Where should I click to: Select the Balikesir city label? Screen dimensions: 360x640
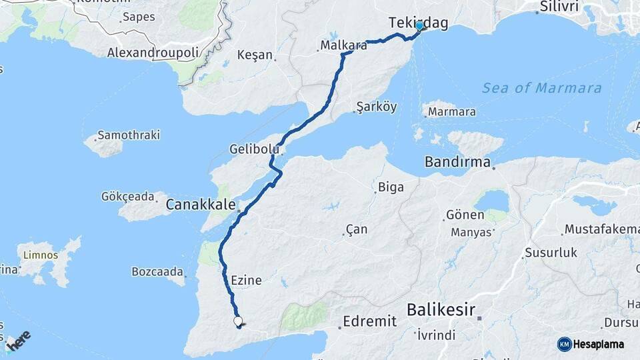click(x=441, y=309)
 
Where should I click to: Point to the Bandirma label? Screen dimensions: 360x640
click(x=458, y=162)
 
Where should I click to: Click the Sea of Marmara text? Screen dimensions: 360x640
click(x=541, y=88)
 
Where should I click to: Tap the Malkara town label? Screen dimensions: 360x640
click(x=343, y=46)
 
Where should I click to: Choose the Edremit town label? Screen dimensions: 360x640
click(x=370, y=321)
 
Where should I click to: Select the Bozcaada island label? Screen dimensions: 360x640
click(x=157, y=272)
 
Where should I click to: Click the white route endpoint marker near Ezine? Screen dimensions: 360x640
click(x=238, y=321)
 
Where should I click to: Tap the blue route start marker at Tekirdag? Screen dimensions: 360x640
click(x=419, y=26)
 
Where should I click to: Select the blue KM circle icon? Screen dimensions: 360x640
click(x=565, y=344)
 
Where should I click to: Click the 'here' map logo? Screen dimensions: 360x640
click(x=19, y=341)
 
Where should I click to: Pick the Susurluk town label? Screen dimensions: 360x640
click(x=551, y=253)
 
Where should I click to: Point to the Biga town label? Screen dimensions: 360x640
click(x=391, y=187)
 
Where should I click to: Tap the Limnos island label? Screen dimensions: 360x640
click(x=41, y=255)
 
